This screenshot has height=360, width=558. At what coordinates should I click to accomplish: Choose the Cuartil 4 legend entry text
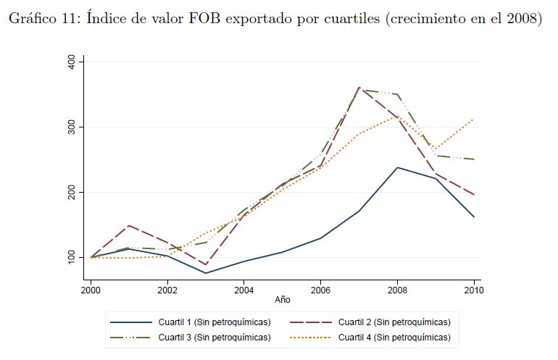(394, 337)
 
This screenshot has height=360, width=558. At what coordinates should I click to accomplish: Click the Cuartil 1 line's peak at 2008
(397, 167)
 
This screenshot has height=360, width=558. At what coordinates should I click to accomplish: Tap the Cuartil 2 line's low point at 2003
(207, 265)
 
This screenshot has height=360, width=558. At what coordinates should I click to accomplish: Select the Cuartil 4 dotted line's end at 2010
(474, 120)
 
